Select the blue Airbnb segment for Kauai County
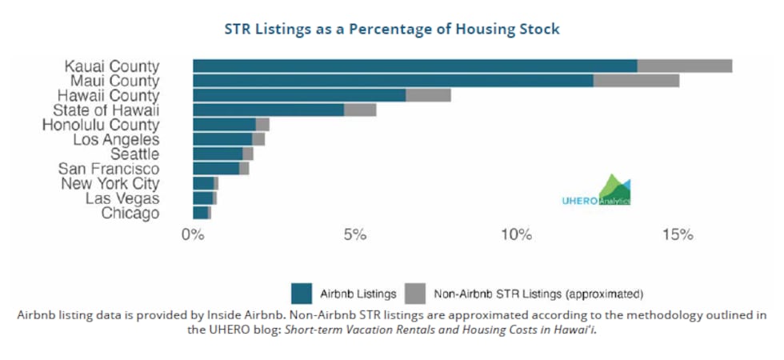(x=415, y=66)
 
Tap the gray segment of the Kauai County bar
(x=685, y=66)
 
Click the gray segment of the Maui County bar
(x=637, y=81)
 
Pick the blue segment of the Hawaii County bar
(x=299, y=95)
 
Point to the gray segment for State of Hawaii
(x=360, y=110)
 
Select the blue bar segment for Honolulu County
(x=225, y=125)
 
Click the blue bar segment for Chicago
(x=201, y=213)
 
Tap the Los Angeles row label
(x=117, y=139)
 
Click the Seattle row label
(x=135, y=154)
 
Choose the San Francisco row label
(x=109, y=169)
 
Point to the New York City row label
(x=110, y=183)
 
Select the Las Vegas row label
(x=122, y=198)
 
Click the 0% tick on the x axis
(x=193, y=234)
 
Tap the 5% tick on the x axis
(x=354, y=234)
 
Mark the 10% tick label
(x=516, y=234)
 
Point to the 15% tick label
(x=678, y=234)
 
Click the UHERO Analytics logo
(x=597, y=190)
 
